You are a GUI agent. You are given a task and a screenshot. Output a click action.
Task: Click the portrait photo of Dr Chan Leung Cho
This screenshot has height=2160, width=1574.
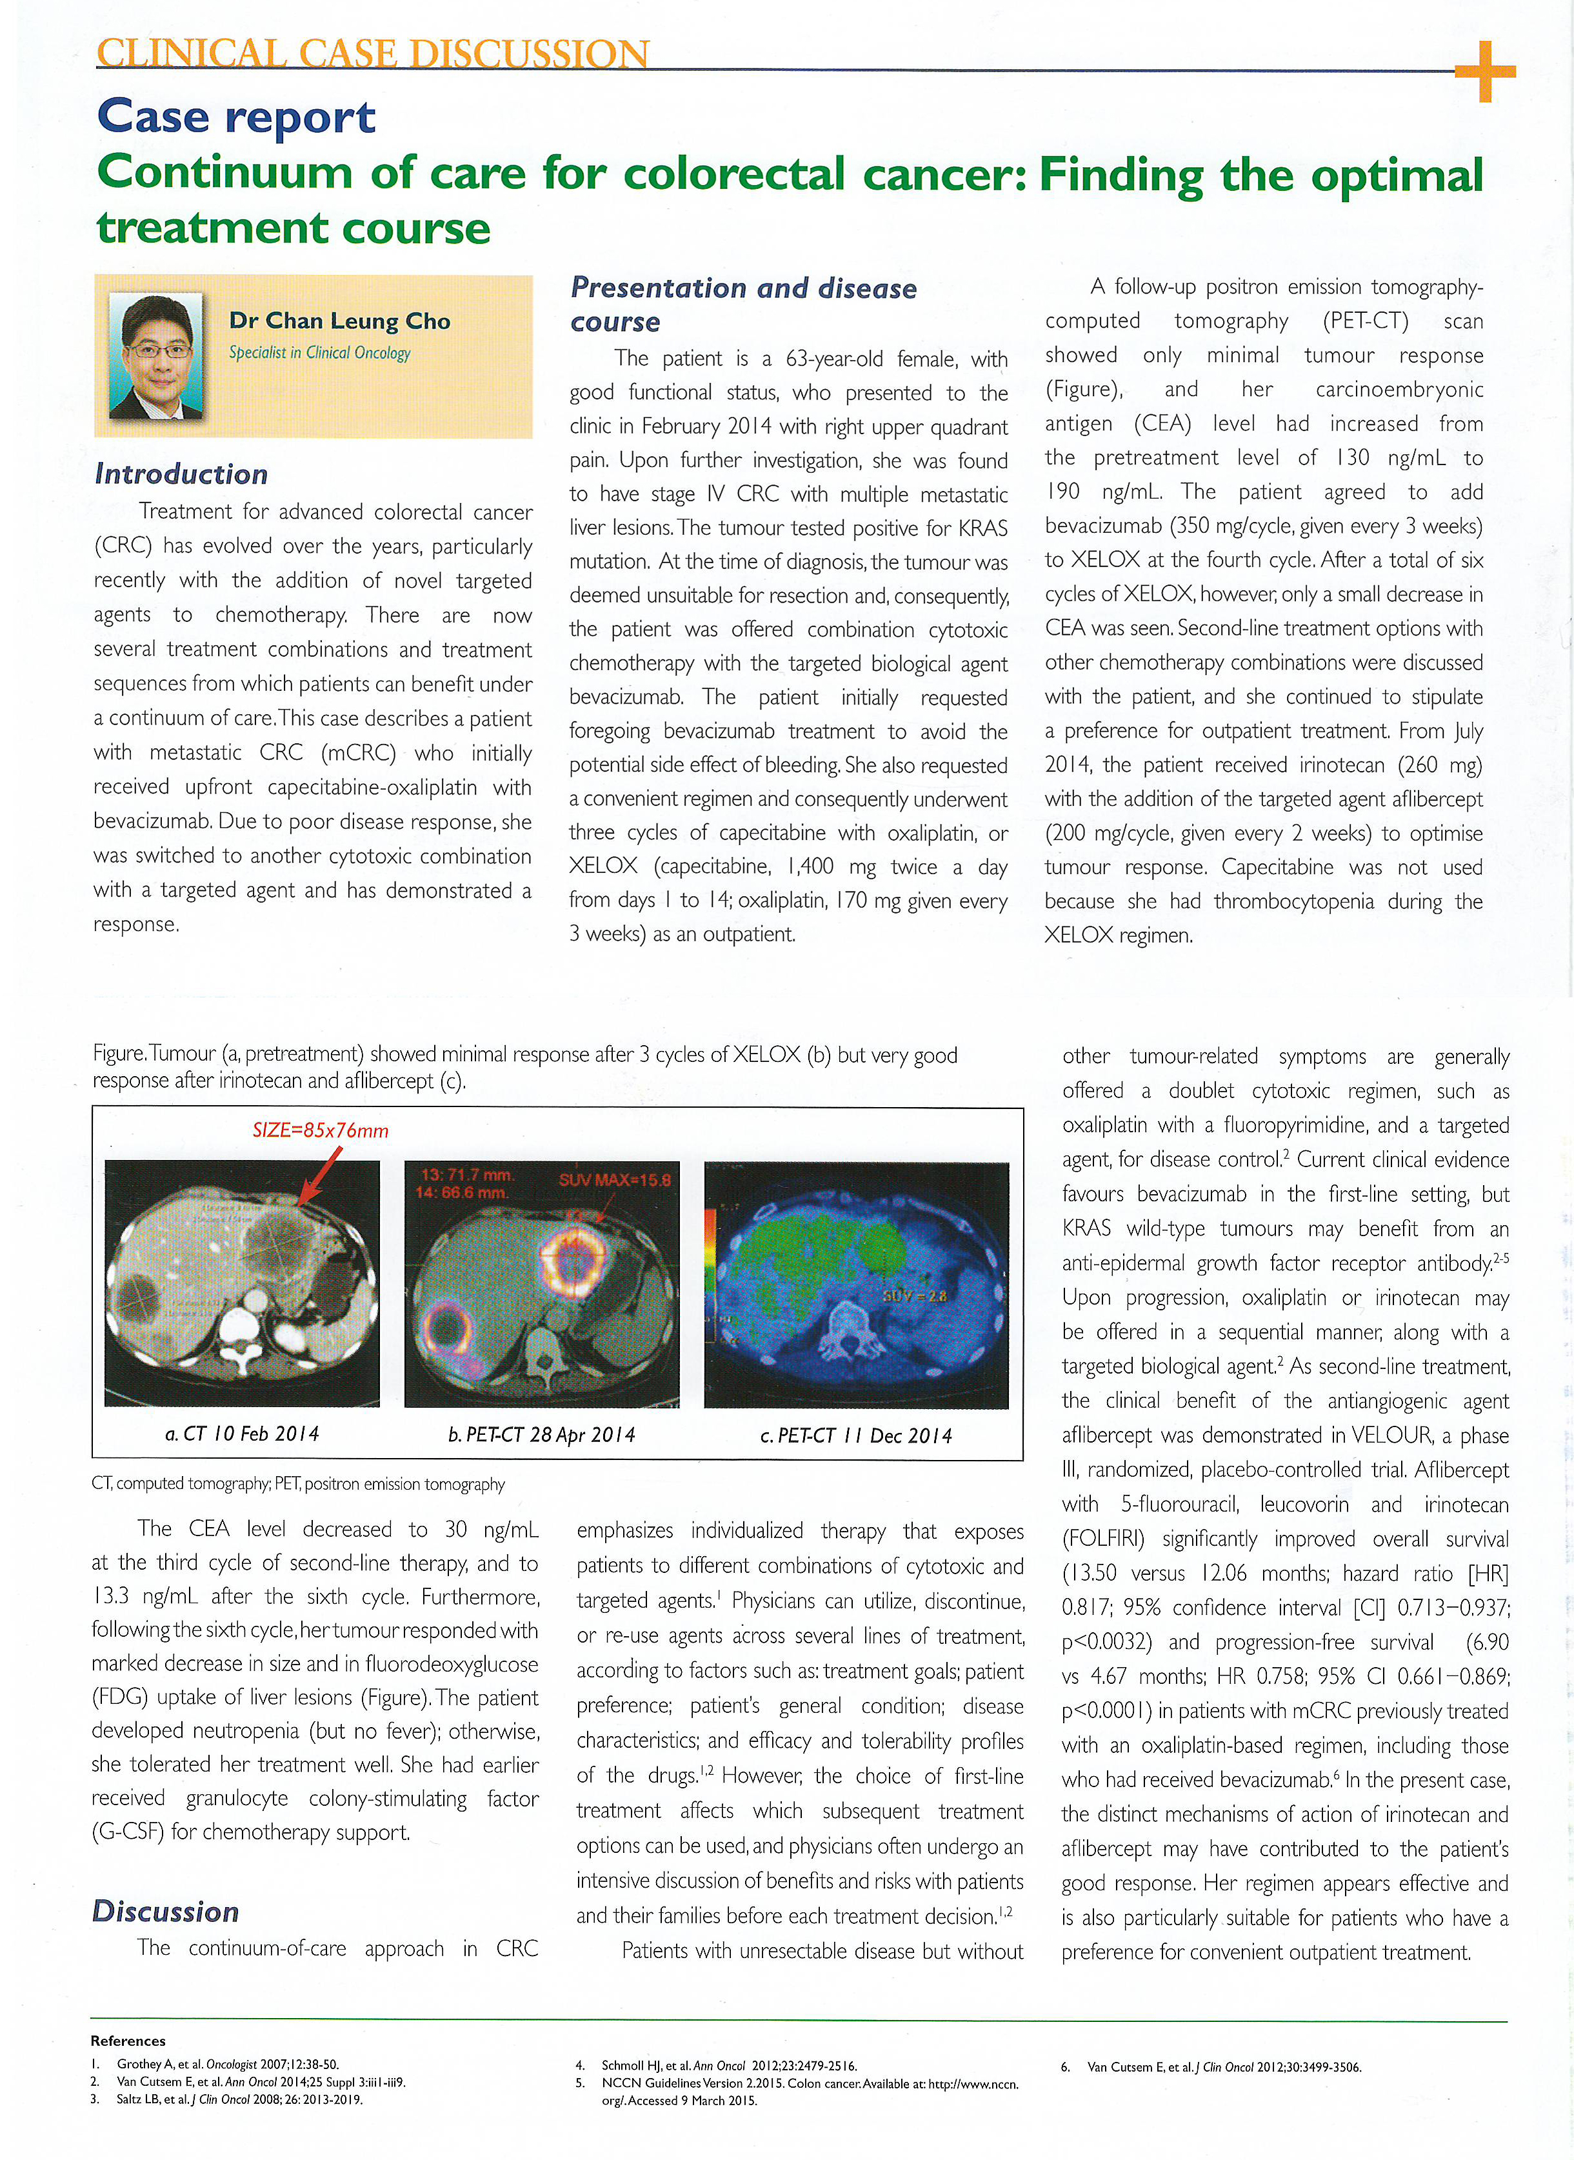point(156,356)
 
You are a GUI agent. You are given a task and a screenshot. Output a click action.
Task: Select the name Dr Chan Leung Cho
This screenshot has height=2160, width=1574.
point(339,321)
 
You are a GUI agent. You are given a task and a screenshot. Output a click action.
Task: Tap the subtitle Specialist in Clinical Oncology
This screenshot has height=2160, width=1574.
point(319,352)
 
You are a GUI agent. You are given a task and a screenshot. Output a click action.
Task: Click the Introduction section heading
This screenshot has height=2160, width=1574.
point(181,474)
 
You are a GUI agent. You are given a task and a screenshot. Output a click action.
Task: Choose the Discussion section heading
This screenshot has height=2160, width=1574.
point(165,1912)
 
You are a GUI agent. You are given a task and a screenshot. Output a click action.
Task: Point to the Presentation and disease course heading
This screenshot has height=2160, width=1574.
point(742,304)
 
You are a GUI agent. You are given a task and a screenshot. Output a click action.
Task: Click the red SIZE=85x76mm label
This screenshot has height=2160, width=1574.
point(320,1130)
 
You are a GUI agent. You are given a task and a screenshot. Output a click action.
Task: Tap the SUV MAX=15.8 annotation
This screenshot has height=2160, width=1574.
point(615,1179)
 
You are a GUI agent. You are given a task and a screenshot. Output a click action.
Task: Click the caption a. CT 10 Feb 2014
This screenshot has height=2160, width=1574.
point(242,1433)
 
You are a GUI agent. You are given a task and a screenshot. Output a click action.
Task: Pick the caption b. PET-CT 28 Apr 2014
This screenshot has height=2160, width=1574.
point(541,1434)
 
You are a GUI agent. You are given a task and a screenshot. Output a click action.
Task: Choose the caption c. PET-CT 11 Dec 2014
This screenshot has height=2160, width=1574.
point(855,1435)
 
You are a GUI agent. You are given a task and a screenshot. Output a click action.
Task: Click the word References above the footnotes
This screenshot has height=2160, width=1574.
point(128,2040)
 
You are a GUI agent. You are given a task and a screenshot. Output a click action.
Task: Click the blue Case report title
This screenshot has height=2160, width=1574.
point(236,117)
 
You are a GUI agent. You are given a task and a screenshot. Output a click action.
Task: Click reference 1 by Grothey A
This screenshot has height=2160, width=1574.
point(227,2064)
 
